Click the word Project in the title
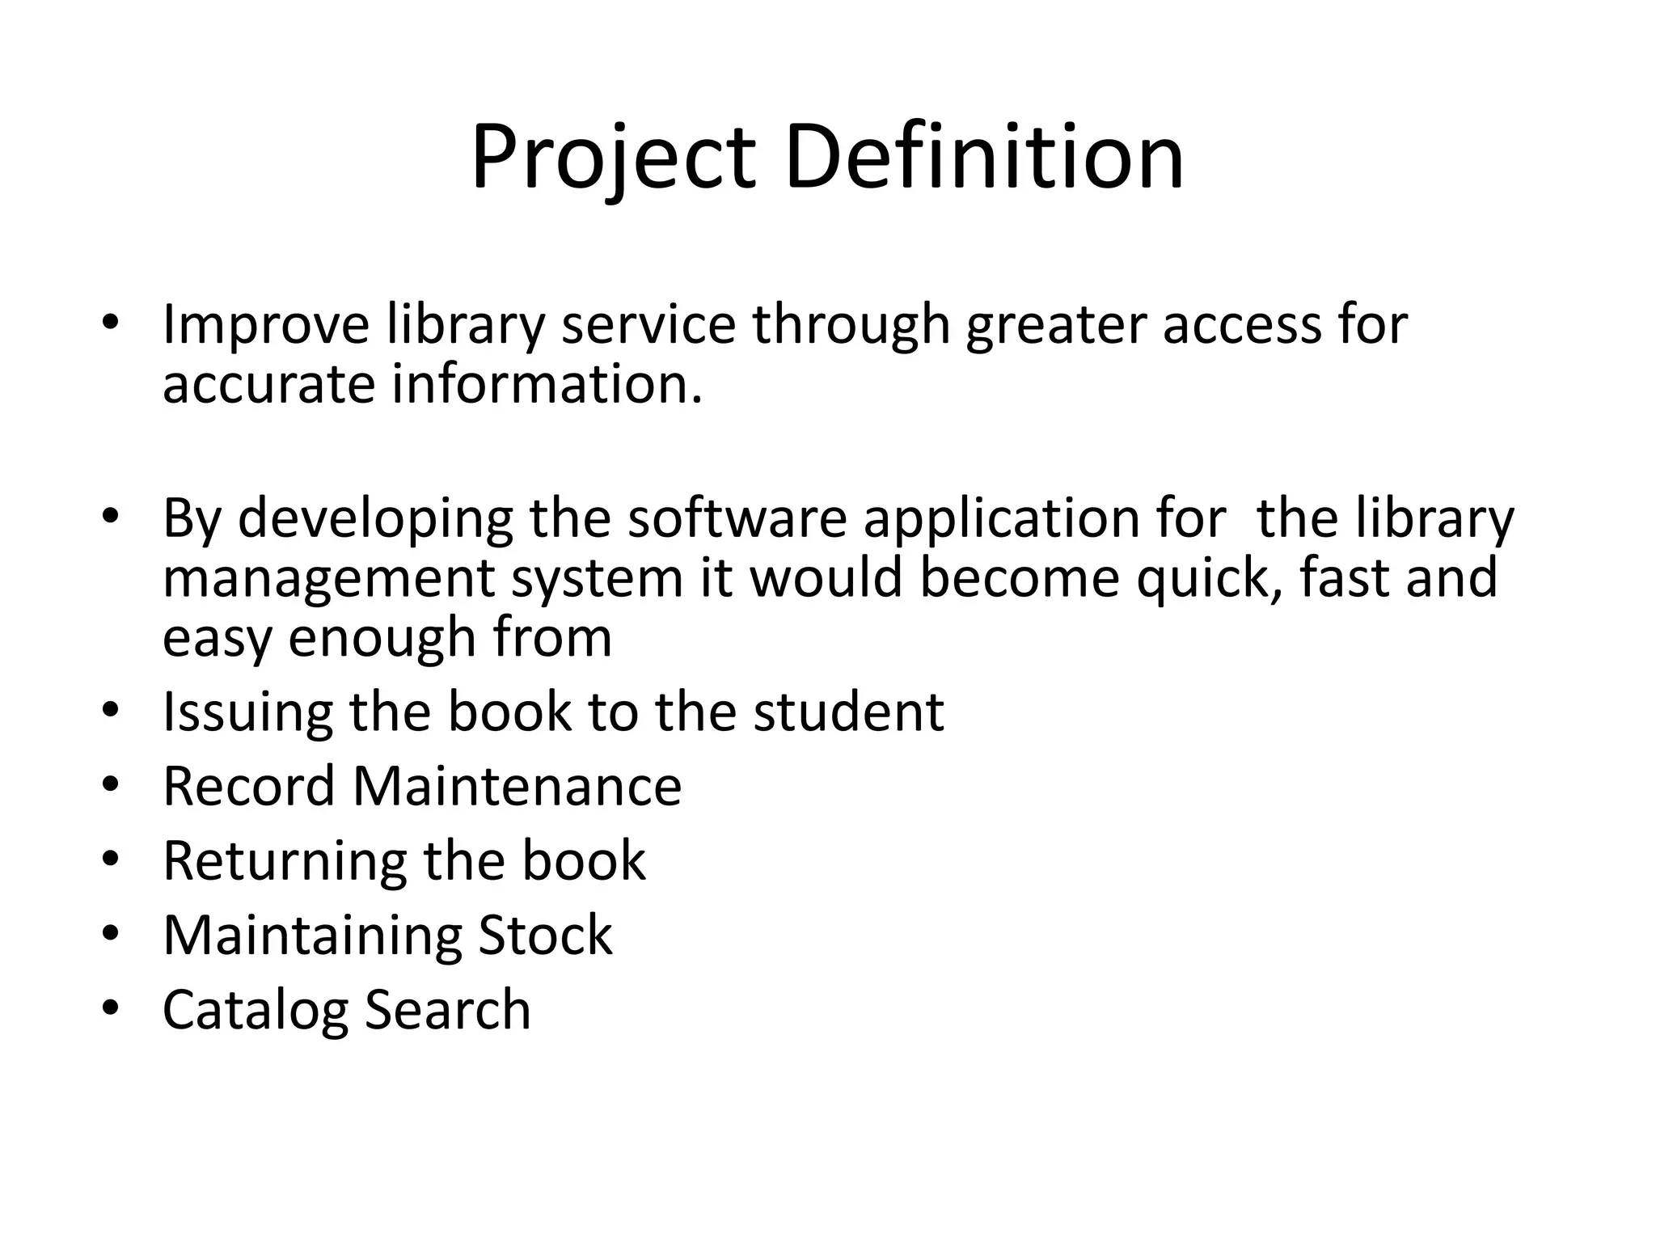613,158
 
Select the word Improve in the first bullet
266,325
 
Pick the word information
547,384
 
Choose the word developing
374,520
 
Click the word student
848,712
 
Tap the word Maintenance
517,787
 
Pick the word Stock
545,936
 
